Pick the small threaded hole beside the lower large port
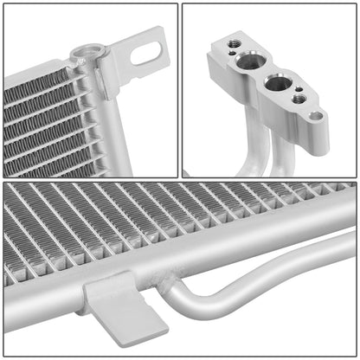coord(299,100)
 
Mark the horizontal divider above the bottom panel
coord(180,179)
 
